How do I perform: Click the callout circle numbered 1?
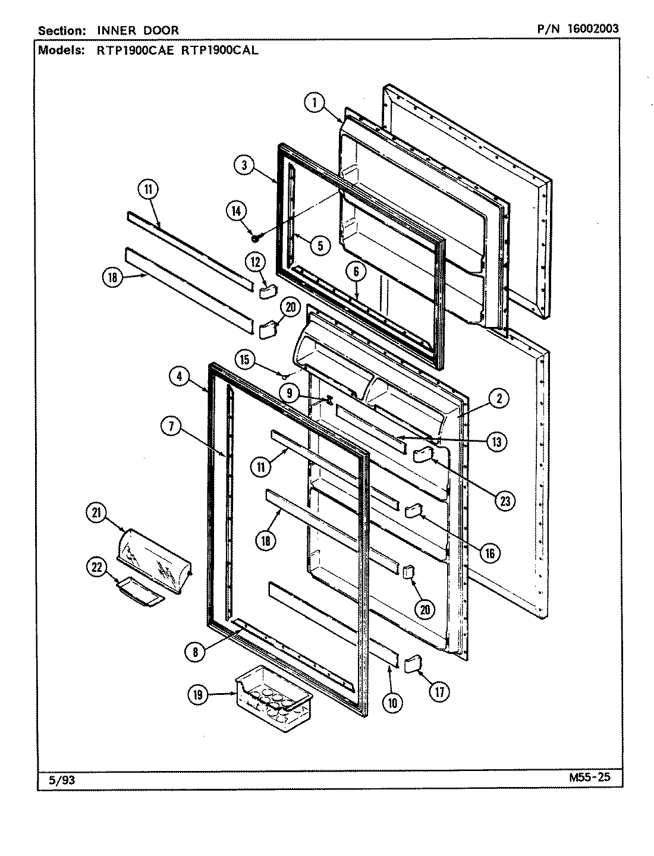tap(316, 103)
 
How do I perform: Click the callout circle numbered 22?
tap(96, 568)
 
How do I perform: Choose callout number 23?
tap(504, 501)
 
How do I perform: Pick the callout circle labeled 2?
tap(498, 399)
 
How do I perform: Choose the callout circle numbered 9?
tap(289, 392)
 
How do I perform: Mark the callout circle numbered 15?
tap(244, 359)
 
